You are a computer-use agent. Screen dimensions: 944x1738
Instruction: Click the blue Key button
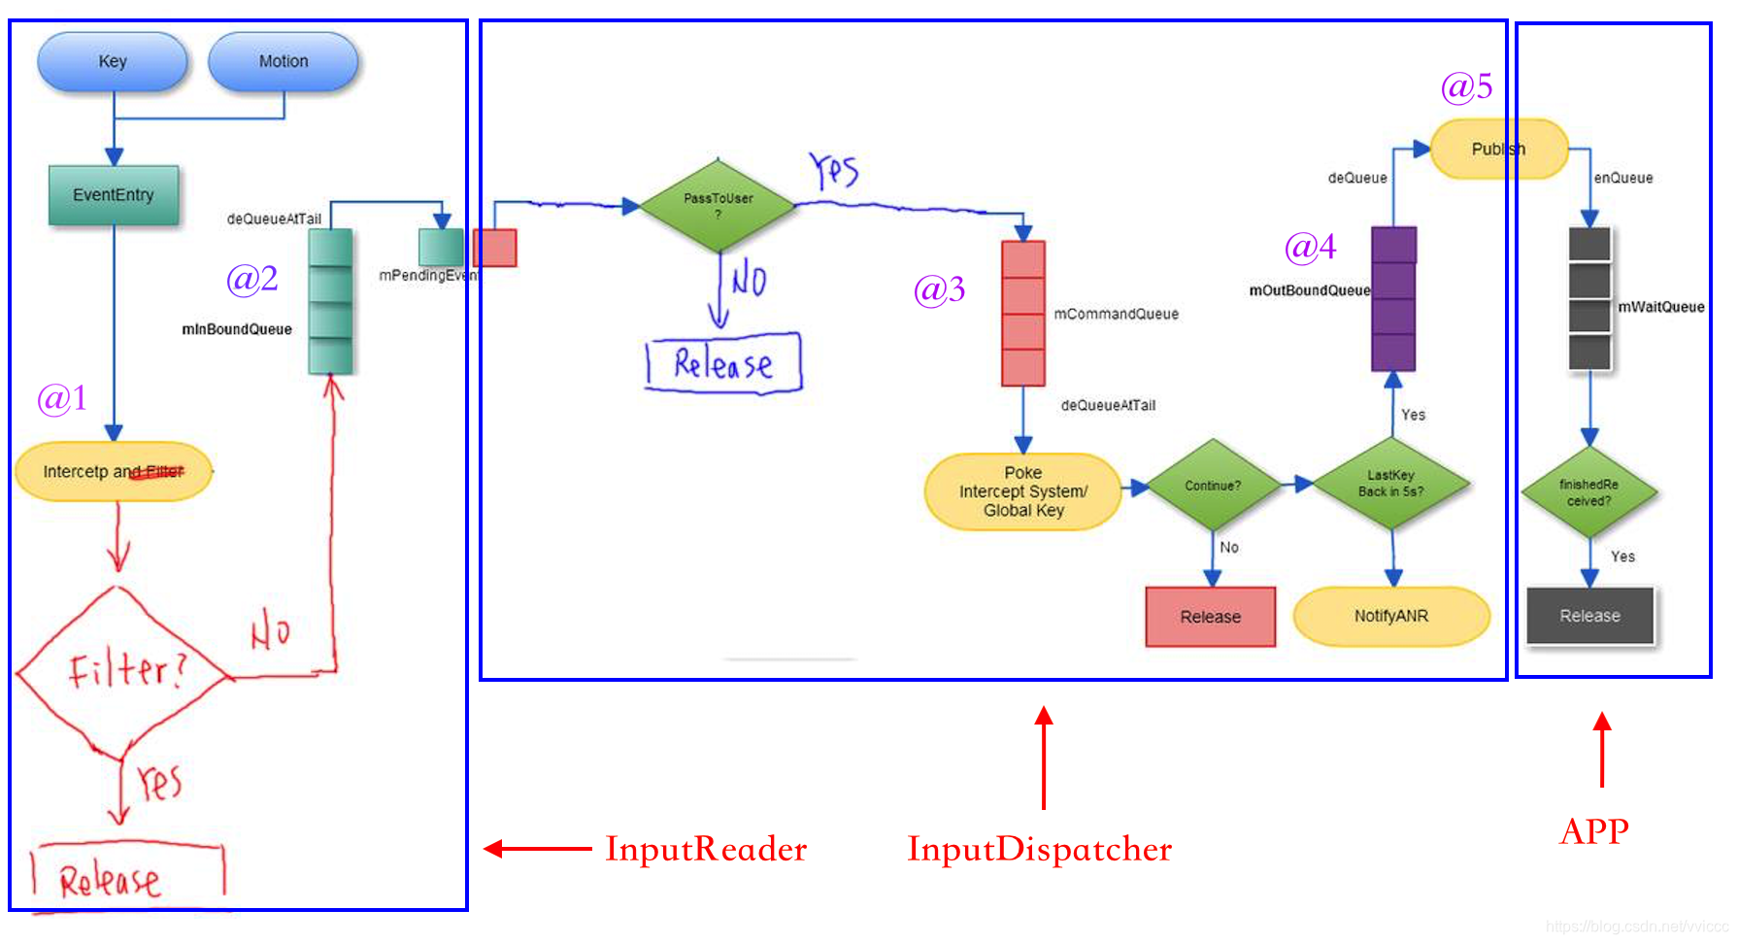pos(113,61)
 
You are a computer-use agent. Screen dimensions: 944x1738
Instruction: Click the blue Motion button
pos(284,61)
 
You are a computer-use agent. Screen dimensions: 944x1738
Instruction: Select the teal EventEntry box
pos(114,195)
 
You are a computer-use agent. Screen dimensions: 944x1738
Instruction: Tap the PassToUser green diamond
pos(719,205)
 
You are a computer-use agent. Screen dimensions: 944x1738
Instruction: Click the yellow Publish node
pos(1498,149)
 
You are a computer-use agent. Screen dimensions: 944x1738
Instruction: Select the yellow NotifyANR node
pos(1391,616)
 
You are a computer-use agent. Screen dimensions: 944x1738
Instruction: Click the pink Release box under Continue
pos(1211,617)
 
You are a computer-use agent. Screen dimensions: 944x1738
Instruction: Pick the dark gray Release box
pos(1589,616)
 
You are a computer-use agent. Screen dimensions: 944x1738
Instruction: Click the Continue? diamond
pos(1212,485)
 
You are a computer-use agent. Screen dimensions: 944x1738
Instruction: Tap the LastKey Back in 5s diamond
pos(1391,484)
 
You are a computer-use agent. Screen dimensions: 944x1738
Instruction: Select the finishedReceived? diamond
pos(1589,492)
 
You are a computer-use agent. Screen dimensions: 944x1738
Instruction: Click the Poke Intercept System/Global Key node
pos(1023,491)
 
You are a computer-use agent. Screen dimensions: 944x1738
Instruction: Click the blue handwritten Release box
pos(724,364)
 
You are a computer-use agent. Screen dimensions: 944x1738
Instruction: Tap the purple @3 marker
pos(939,289)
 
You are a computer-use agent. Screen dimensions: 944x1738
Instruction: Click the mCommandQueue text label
pos(1117,314)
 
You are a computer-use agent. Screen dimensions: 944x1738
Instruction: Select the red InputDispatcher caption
pos(1039,849)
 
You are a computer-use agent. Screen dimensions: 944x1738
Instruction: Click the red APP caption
pos(1594,831)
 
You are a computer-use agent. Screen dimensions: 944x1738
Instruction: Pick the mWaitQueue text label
pos(1661,307)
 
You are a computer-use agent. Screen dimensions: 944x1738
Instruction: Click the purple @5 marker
pos(1466,87)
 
